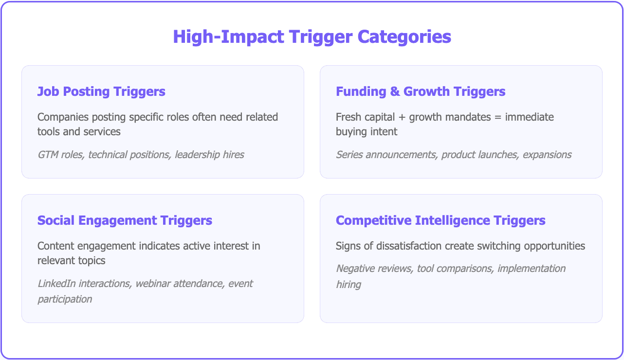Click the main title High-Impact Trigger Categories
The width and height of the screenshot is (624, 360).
click(312, 37)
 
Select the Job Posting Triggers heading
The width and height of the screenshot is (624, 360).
click(101, 91)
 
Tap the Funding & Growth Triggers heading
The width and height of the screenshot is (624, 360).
click(421, 91)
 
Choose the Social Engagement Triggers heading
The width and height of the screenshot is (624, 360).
click(125, 220)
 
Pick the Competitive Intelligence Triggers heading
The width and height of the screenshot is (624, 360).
click(440, 220)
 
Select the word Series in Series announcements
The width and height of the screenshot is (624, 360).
click(349, 155)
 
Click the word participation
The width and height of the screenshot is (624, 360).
click(65, 299)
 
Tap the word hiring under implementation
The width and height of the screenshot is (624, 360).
click(348, 284)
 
